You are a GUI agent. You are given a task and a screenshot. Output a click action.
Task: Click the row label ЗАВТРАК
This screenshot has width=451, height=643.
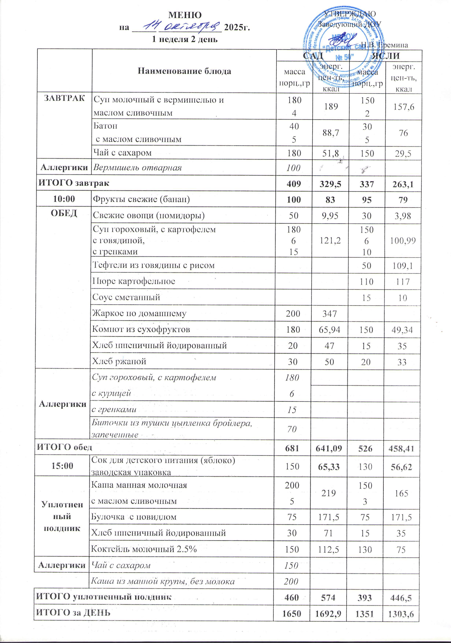[64, 98]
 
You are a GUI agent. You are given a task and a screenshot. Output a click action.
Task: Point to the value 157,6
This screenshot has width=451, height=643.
[403, 107]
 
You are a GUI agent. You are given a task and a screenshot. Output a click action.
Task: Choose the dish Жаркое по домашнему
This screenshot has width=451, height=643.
[139, 313]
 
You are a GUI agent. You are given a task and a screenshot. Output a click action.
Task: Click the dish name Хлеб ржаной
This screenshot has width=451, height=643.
[119, 362]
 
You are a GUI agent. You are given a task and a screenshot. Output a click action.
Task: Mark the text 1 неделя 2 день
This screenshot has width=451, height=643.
[185, 39]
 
